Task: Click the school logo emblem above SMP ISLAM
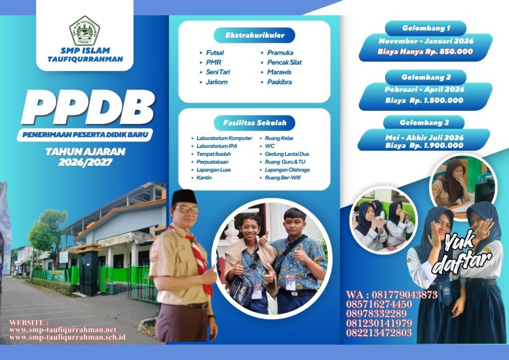point(84,31)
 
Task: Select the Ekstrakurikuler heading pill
point(254,35)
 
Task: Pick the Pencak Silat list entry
point(284,62)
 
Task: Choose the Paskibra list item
point(279,82)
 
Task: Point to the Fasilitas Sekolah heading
point(254,123)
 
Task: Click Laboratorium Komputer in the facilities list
point(224,138)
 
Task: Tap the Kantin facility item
point(204,178)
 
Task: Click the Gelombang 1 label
point(425,28)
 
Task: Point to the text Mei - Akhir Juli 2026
point(424,138)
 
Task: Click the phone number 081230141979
point(379,323)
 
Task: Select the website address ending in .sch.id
point(68,337)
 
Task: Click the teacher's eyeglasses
point(186,209)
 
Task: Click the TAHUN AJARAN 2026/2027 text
point(85,157)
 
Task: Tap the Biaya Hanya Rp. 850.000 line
point(425,51)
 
